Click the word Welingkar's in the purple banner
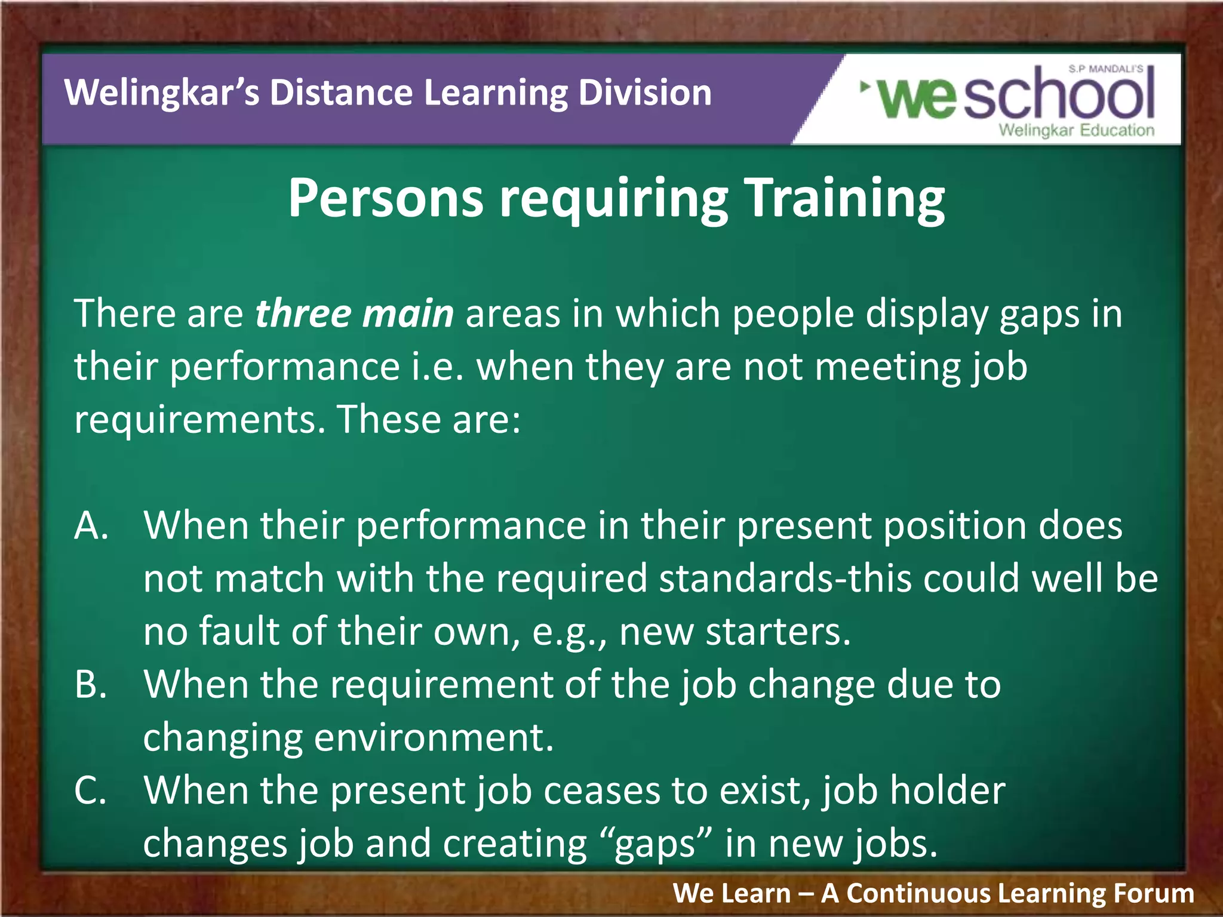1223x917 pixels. click(161, 93)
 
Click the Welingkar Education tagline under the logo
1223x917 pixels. click(1076, 130)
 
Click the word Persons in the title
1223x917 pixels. click(385, 198)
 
